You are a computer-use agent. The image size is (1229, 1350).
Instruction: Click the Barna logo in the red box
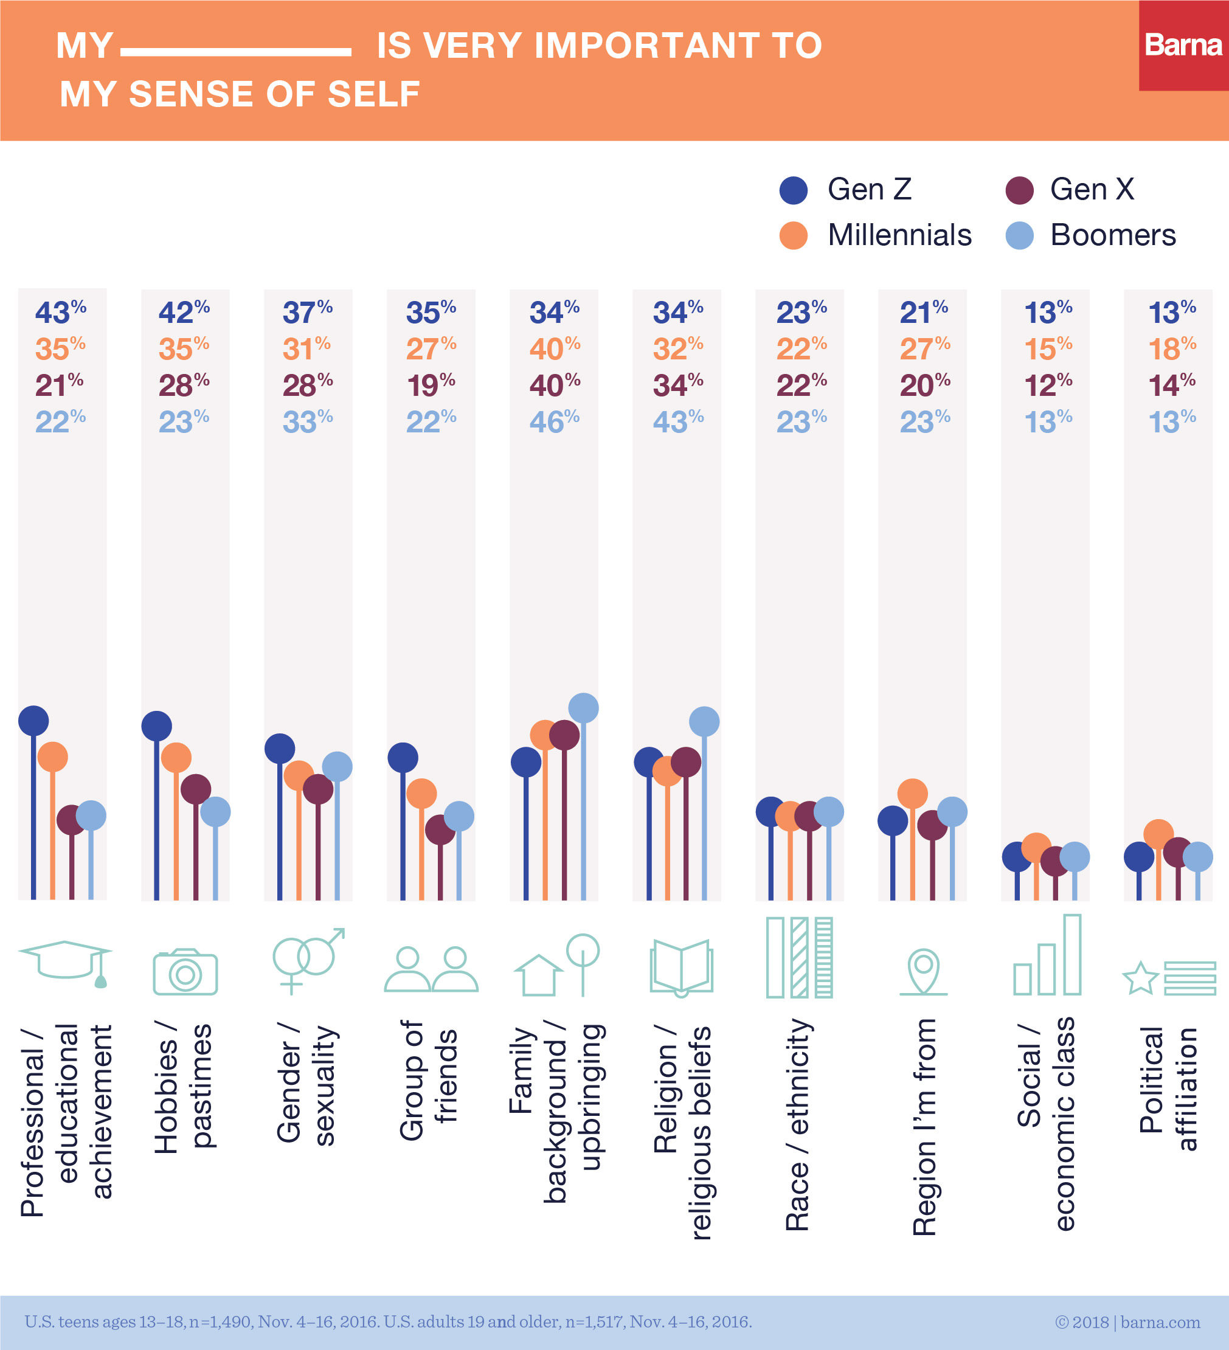(1183, 45)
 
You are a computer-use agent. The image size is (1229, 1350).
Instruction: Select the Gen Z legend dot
(794, 190)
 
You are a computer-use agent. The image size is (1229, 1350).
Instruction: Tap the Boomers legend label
(1112, 235)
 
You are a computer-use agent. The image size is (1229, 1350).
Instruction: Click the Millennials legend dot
(794, 235)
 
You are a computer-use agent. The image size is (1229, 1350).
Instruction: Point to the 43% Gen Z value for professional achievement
(60, 312)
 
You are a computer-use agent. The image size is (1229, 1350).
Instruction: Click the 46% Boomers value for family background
(555, 422)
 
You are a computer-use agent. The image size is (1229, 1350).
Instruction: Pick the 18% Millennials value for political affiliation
(1171, 349)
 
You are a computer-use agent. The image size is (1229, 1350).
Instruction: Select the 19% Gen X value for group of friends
(431, 385)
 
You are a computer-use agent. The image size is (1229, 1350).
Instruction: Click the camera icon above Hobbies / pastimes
(185, 972)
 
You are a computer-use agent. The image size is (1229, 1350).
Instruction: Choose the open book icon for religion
(681, 967)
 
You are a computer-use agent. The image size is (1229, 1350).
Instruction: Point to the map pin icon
(924, 972)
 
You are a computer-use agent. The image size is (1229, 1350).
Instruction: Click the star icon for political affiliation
(1140, 978)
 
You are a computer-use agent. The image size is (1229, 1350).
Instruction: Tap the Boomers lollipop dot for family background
(583, 708)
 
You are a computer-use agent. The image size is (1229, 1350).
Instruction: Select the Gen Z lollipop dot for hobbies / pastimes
(157, 726)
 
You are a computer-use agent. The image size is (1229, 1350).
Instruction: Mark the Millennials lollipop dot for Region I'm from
(912, 794)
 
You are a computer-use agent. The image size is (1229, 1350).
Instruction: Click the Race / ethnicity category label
(798, 1125)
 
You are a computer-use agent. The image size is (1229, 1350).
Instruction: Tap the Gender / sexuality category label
(306, 1085)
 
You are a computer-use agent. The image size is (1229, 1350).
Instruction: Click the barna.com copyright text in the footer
(1127, 1322)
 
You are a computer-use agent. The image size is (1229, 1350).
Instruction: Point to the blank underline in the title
(236, 52)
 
